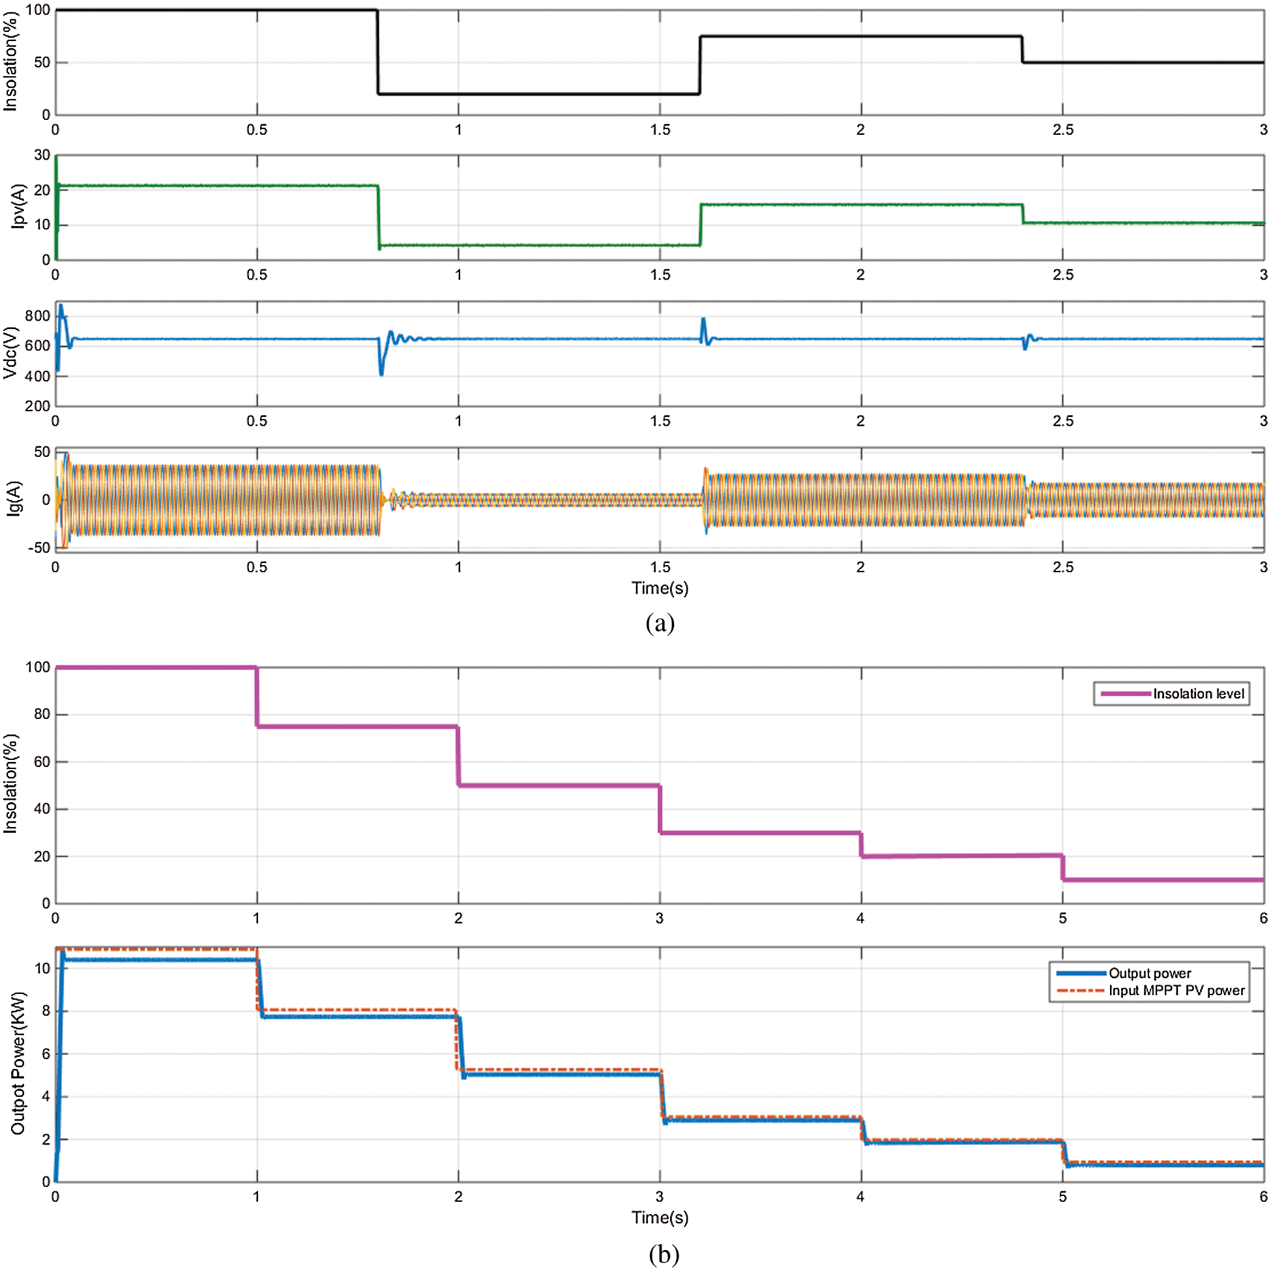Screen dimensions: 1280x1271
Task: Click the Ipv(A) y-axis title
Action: click(18, 207)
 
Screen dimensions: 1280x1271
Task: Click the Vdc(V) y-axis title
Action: click(10, 353)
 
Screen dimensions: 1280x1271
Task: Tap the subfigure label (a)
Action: click(660, 624)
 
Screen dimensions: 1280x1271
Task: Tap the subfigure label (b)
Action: click(664, 1254)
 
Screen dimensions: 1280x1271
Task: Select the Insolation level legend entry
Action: click(1198, 693)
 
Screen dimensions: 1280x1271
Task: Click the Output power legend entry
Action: click(1149, 973)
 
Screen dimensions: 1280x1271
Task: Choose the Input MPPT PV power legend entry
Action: click(1176, 991)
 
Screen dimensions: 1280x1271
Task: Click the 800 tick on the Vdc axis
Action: click(37, 316)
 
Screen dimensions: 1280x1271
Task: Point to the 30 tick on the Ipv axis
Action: click(42, 155)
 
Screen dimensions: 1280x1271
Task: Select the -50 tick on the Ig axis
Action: click(38, 548)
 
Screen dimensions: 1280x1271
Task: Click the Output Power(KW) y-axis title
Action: click(18, 1064)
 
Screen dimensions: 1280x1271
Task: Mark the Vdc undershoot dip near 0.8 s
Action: click(381, 372)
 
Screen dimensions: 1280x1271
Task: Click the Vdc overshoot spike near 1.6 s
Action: click(703, 321)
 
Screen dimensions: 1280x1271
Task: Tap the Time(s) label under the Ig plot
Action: click(660, 588)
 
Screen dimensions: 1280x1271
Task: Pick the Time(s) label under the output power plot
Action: click(660, 1217)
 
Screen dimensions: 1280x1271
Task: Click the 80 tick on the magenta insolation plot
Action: click(42, 714)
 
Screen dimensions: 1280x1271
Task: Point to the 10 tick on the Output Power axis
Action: click(42, 968)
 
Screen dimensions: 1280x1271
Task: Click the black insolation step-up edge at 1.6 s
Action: click(700, 65)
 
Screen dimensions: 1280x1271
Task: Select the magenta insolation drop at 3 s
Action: click(660, 809)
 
